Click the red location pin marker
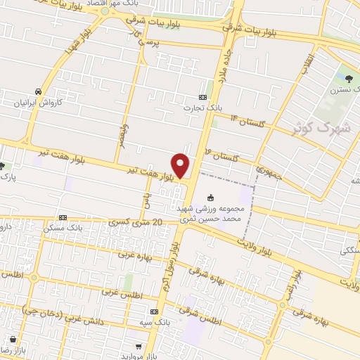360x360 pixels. point(181,166)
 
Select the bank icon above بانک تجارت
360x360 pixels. point(202,97)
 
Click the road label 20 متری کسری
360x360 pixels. point(137,222)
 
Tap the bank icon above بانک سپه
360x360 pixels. point(155,311)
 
